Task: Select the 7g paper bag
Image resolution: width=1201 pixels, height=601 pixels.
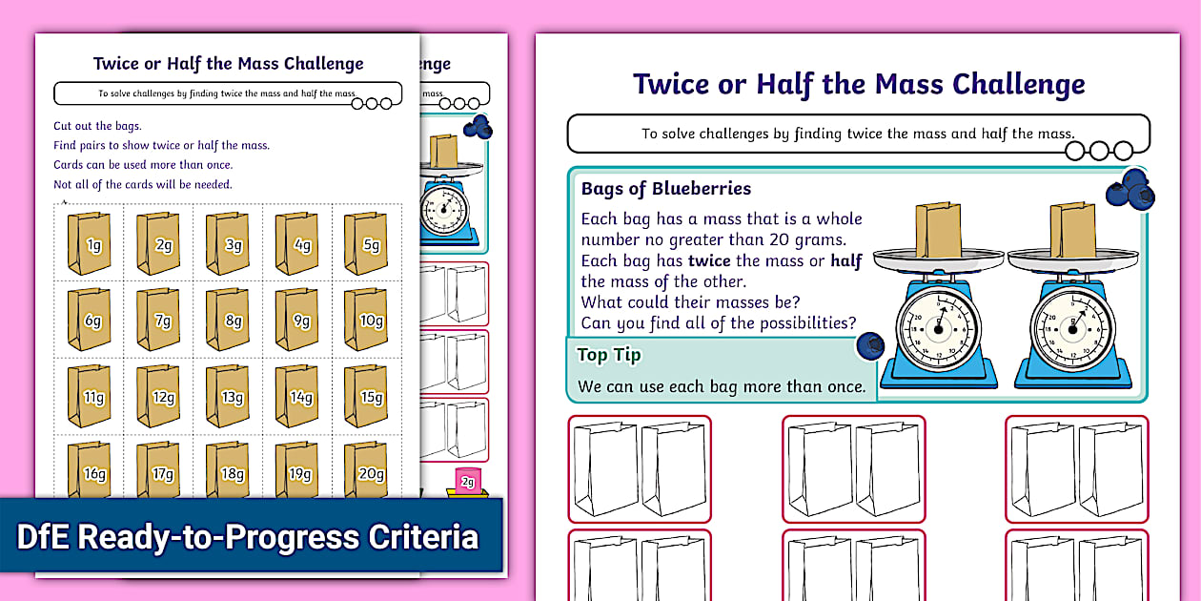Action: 158,320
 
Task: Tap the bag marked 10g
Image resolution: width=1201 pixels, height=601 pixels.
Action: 366,320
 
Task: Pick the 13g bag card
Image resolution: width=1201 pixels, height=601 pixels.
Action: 228,396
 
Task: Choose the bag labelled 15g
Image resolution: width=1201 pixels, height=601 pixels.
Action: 366,396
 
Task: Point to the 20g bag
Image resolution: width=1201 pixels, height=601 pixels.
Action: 366,469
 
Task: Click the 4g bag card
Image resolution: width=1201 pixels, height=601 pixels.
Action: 297,243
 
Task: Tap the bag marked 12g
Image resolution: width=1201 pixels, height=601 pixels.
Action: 158,396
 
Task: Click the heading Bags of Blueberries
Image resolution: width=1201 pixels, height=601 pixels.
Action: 665,189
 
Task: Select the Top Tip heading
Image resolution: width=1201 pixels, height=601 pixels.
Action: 608,355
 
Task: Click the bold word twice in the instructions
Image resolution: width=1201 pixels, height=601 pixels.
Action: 708,260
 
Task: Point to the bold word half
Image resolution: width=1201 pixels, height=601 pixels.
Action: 845,260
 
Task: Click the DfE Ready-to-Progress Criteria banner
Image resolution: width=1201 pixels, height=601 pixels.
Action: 248,537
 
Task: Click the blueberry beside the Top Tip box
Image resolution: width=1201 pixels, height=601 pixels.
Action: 868,345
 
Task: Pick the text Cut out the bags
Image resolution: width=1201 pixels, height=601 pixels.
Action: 97,126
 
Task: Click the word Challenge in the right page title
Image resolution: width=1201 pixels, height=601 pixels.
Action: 1022,84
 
